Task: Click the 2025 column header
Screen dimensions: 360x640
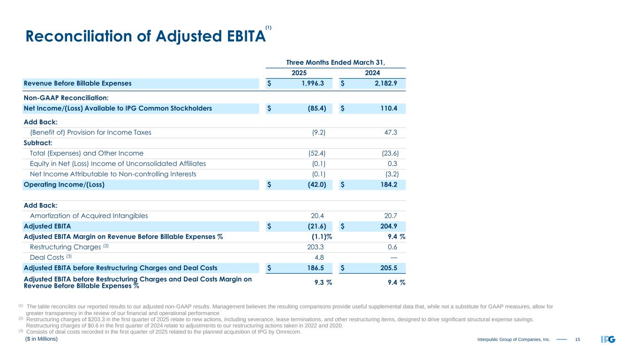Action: [x=299, y=73]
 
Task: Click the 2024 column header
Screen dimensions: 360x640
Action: [x=372, y=73]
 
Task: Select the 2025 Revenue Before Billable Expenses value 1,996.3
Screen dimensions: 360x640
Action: [x=311, y=83]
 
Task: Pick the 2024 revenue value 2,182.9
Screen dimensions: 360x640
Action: [x=384, y=83]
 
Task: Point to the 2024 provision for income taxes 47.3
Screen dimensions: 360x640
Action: [x=390, y=132]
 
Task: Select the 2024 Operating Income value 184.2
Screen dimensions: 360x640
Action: [x=388, y=185]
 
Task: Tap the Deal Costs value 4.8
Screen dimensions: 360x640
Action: [x=320, y=257]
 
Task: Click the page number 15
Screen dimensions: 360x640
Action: [x=577, y=339]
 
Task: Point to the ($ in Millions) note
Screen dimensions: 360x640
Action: [x=41, y=338]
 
